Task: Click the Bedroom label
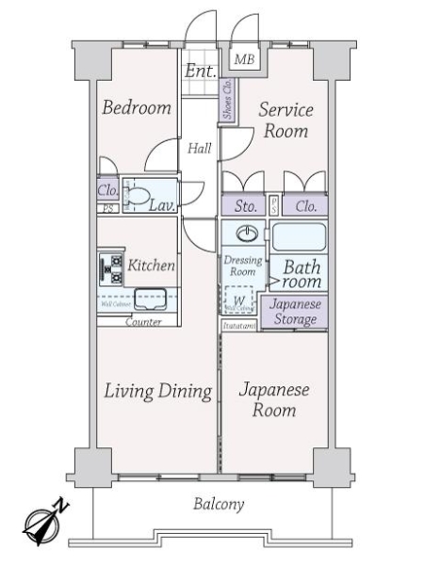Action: click(x=138, y=107)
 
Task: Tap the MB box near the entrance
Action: click(x=244, y=60)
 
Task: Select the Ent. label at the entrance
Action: click(x=201, y=71)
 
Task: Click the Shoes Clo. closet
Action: click(x=227, y=98)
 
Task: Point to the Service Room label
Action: click(x=285, y=121)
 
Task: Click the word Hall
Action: click(x=199, y=148)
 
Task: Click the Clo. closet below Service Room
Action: click(x=304, y=205)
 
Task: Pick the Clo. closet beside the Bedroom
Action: click(x=107, y=188)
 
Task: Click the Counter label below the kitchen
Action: click(x=142, y=322)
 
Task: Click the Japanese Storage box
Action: click(x=296, y=312)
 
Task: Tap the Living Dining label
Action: click(x=156, y=391)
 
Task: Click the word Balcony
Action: click(x=219, y=505)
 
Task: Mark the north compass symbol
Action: click(x=43, y=524)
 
